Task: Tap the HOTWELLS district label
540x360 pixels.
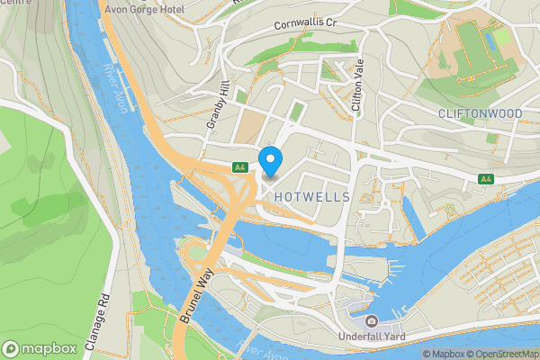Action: pyautogui.click(x=309, y=196)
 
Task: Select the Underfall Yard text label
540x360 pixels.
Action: pyautogui.click(x=371, y=337)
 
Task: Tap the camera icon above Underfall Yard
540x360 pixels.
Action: pyautogui.click(x=371, y=321)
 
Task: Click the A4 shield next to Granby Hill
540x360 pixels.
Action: pyautogui.click(x=239, y=167)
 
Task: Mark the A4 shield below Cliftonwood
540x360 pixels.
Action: pyautogui.click(x=487, y=179)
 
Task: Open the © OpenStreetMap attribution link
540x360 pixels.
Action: pyautogui.click(x=507, y=354)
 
